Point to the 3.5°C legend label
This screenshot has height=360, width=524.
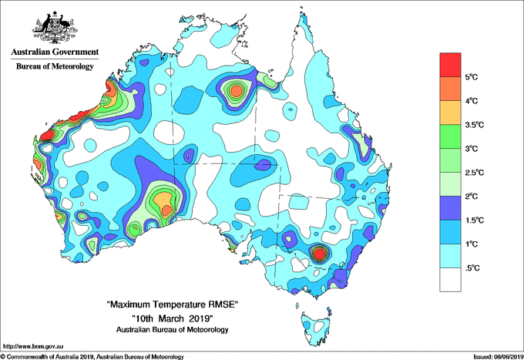476,125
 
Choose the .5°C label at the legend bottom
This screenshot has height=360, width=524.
475,267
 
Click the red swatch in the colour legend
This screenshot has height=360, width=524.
450,65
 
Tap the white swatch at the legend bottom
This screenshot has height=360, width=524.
450,279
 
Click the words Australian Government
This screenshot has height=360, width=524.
54,52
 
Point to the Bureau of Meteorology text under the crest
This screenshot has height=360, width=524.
54,67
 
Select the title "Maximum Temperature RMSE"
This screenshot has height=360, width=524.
172,306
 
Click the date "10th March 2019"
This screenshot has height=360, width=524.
172,318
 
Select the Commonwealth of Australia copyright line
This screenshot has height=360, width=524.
92,356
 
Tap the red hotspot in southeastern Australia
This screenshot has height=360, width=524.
320,253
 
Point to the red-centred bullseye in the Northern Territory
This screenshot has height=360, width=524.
237,91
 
